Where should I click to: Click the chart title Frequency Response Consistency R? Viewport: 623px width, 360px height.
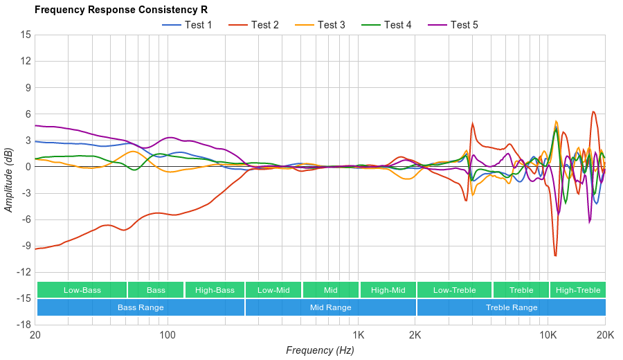click(x=120, y=10)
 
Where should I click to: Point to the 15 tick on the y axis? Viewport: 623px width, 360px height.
click(x=26, y=35)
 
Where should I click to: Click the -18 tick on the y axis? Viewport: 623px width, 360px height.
click(x=24, y=325)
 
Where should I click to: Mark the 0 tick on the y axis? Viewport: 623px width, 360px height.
click(x=28, y=167)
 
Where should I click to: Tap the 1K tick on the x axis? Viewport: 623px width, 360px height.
click(x=358, y=335)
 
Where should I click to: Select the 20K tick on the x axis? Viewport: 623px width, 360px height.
click(x=605, y=335)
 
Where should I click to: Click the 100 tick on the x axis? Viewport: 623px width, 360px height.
click(x=168, y=335)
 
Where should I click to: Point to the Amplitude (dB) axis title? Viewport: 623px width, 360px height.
click(x=10, y=179)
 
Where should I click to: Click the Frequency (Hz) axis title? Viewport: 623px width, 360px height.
click(x=320, y=350)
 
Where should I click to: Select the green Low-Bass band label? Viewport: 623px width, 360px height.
click(x=82, y=290)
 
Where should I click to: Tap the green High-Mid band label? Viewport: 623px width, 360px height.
click(x=388, y=290)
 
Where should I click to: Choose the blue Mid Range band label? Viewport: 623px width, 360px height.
click(x=330, y=307)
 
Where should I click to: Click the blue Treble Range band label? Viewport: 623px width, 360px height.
click(x=511, y=307)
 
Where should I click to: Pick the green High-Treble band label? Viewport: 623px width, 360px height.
click(x=578, y=290)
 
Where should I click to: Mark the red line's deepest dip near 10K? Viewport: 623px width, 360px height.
click(x=555, y=256)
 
